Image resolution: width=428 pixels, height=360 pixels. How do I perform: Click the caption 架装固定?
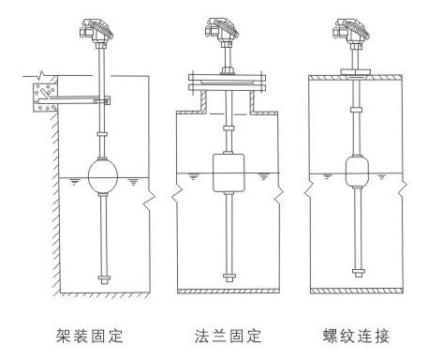tap(89, 337)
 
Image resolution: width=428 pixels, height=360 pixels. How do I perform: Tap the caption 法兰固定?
tap(229, 337)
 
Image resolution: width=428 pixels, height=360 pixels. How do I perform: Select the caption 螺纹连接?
tap(356, 337)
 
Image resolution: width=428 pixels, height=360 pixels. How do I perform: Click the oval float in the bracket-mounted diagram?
tap(103, 176)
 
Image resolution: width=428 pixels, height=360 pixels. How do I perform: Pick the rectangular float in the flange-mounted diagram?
tap(229, 172)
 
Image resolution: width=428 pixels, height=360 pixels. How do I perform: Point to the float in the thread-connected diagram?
tap(357, 172)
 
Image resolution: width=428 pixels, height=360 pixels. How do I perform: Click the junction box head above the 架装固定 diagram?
tap(96, 30)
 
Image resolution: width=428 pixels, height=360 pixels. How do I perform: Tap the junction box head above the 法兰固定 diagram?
tap(222, 30)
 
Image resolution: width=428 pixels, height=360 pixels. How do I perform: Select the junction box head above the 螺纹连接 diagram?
tap(352, 31)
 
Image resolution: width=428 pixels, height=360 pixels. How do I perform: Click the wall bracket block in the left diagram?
tap(45, 97)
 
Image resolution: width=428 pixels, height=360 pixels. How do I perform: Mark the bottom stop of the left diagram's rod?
tap(104, 279)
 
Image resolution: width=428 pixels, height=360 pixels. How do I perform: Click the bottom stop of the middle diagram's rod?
tap(229, 277)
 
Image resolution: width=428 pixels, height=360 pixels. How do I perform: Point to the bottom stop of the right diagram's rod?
tap(358, 273)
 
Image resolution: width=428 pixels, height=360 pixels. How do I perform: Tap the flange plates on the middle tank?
tap(227, 82)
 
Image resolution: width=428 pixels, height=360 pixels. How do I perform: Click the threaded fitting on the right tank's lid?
tap(356, 72)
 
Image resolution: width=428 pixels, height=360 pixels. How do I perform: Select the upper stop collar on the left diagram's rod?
tap(102, 134)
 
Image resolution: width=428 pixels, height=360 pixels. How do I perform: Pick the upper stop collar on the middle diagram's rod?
tap(229, 128)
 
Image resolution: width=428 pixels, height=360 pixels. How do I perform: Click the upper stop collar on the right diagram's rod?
tap(356, 110)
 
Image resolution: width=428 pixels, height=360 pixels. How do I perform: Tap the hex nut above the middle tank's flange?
tap(228, 70)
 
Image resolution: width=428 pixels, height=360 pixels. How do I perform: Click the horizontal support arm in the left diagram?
tap(73, 100)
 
